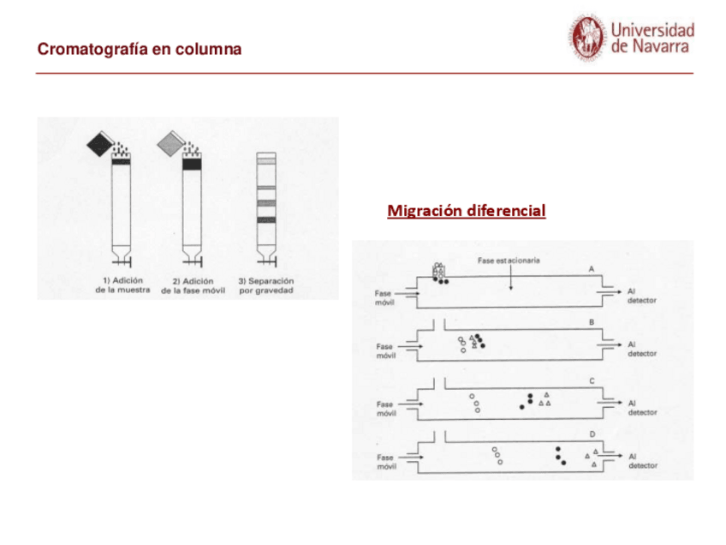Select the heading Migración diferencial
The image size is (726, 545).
click(466, 210)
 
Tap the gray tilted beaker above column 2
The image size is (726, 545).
click(170, 144)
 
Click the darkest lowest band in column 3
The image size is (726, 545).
click(267, 220)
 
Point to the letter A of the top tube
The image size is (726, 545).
click(591, 268)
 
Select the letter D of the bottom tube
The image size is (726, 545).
click(591, 434)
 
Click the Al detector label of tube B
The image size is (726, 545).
click(642, 349)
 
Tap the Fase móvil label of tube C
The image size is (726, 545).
click(386, 408)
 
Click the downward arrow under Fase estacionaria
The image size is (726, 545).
click(511, 278)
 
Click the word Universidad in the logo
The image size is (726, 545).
click(652, 30)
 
